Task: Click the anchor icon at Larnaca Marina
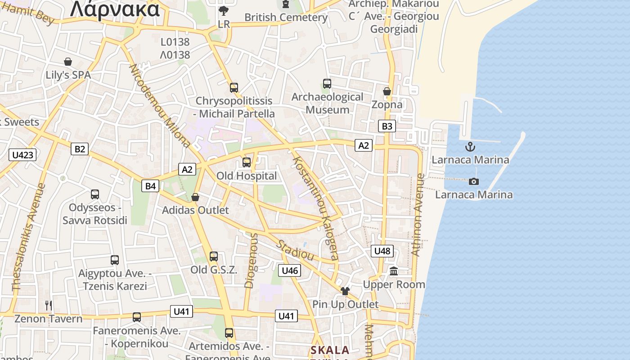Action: (470, 147)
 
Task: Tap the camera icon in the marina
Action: (473, 181)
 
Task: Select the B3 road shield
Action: (387, 126)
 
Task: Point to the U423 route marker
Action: (22, 155)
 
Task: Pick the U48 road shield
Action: (382, 251)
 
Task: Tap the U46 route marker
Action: (290, 270)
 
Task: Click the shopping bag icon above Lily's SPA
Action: (68, 62)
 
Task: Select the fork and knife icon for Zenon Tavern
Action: (49, 306)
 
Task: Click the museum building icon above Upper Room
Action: (394, 271)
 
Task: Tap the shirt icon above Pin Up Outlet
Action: (345, 291)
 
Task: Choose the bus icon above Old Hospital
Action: (246, 162)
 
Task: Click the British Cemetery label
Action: (286, 18)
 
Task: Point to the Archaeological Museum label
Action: (327, 103)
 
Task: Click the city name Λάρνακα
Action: (115, 9)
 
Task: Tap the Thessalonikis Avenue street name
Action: (29, 237)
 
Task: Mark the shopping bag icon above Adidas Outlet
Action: (195, 197)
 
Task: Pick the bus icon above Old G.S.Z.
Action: (214, 256)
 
